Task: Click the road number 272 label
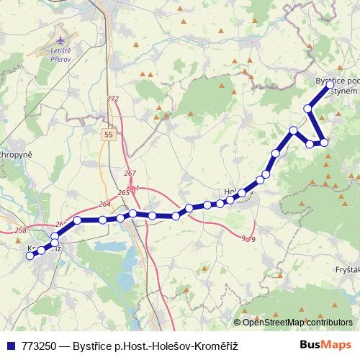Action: tap(112, 99)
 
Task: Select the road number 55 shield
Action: tap(108, 135)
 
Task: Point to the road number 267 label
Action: tap(130, 174)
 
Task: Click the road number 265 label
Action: tap(123, 193)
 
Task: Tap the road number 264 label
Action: tap(104, 204)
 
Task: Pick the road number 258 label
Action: tap(19, 230)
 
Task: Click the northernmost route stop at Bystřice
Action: tap(330, 85)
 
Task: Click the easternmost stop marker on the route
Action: tap(330, 85)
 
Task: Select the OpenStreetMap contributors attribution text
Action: tap(297, 323)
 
